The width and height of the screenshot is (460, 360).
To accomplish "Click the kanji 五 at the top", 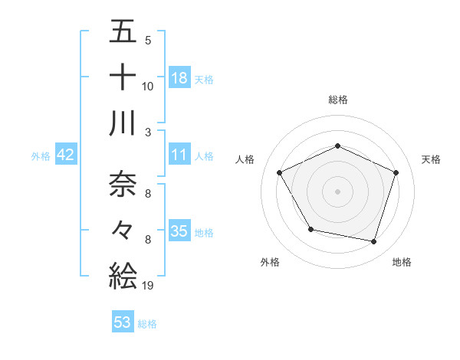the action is click(x=123, y=32).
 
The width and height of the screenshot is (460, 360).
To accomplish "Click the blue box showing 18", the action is click(x=179, y=77).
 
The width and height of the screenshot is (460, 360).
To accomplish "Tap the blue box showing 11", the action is click(x=179, y=155).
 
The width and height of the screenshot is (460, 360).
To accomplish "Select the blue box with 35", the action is click(x=179, y=231).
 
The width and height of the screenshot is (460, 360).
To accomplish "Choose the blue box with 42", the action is click(x=65, y=155).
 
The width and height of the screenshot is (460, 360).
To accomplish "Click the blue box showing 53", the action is click(x=123, y=322).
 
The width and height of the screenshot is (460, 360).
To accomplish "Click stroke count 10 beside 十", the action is click(x=148, y=87).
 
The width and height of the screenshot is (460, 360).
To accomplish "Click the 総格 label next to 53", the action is click(x=147, y=324).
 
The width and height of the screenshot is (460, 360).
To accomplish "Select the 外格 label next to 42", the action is click(x=41, y=156).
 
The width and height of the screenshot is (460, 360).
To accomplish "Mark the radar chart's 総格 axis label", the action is click(x=338, y=100).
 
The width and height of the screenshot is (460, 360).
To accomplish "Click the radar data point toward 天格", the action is click(x=396, y=172).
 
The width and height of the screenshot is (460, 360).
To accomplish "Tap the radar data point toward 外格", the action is click(x=310, y=229).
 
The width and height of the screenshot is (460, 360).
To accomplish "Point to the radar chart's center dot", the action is click(x=338, y=191).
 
